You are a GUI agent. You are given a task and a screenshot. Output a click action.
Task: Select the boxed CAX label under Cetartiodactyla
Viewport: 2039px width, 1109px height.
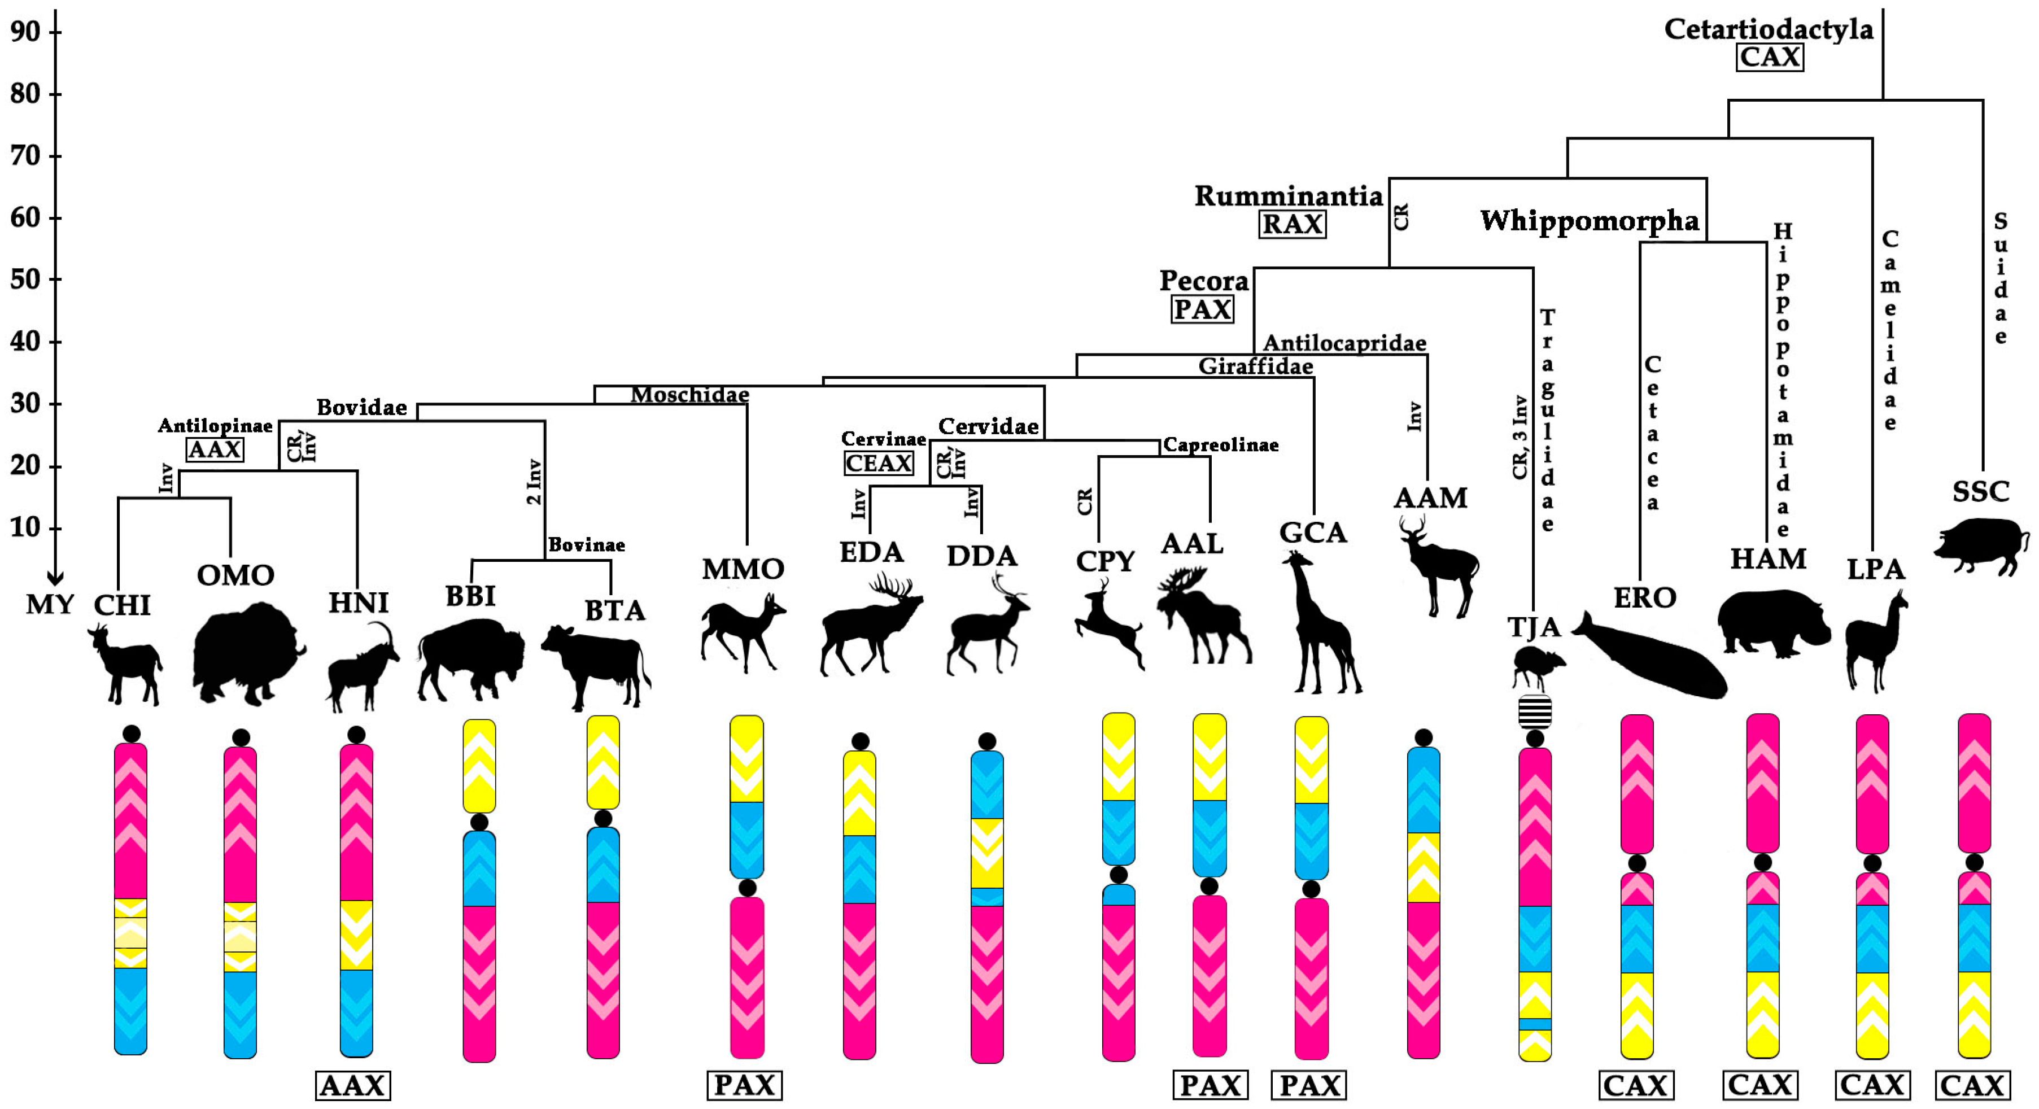click(x=1770, y=57)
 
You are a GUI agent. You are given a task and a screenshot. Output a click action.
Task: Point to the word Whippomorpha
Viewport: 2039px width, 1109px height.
click(x=1590, y=221)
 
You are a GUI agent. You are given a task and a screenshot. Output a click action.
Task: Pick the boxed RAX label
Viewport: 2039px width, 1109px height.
click(x=1292, y=224)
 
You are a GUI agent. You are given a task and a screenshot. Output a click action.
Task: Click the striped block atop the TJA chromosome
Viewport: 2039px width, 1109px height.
click(x=1534, y=711)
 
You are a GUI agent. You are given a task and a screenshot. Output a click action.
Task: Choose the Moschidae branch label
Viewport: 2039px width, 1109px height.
click(x=689, y=394)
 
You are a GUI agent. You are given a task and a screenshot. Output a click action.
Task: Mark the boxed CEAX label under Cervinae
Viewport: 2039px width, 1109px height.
click(x=879, y=463)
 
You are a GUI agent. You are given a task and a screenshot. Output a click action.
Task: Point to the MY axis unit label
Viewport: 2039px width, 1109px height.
click(x=49, y=605)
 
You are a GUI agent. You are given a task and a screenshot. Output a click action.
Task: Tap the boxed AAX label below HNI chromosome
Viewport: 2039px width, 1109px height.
click(x=352, y=1085)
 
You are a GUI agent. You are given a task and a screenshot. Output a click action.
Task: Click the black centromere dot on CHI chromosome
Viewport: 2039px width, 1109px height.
click(x=132, y=734)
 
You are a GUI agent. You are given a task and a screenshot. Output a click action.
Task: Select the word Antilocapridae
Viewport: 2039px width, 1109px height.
click(x=1344, y=343)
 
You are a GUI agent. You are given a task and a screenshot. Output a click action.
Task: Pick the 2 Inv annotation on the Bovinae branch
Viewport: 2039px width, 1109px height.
click(x=534, y=481)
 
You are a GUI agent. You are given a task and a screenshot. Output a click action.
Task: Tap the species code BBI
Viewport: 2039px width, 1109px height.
click(x=470, y=596)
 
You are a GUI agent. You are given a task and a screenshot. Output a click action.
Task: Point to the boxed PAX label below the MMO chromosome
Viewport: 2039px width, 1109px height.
click(x=744, y=1085)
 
